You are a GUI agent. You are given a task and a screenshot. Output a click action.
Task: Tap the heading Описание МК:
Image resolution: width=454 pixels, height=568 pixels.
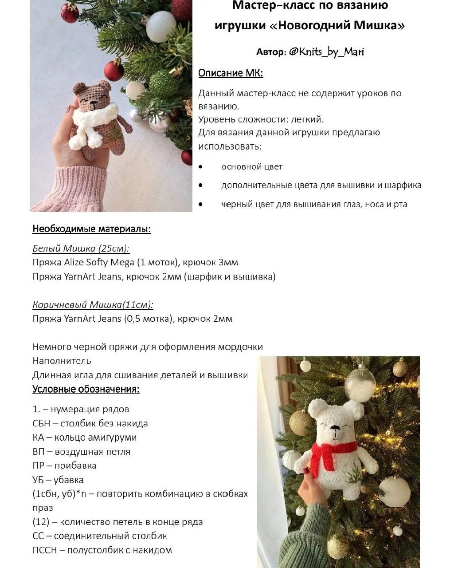[x=231, y=73]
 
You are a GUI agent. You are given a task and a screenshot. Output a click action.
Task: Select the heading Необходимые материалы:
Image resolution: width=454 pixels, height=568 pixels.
[x=91, y=229]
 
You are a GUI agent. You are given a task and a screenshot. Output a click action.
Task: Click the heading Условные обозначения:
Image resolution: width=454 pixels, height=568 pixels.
[x=86, y=389]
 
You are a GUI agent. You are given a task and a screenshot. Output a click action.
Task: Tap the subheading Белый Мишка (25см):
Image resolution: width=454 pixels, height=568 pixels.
[x=81, y=248]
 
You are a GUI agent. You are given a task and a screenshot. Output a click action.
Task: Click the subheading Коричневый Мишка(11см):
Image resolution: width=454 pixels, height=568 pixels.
[x=93, y=304]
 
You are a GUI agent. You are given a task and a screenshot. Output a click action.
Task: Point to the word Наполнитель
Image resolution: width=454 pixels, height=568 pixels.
[x=62, y=361]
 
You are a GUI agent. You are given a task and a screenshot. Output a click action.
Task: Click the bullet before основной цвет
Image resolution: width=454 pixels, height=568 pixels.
[x=201, y=167]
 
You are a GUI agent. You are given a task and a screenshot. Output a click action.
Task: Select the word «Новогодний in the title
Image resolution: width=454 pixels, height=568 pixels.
[x=309, y=25]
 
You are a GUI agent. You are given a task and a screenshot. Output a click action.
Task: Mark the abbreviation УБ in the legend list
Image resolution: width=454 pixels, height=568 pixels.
[x=39, y=480]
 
